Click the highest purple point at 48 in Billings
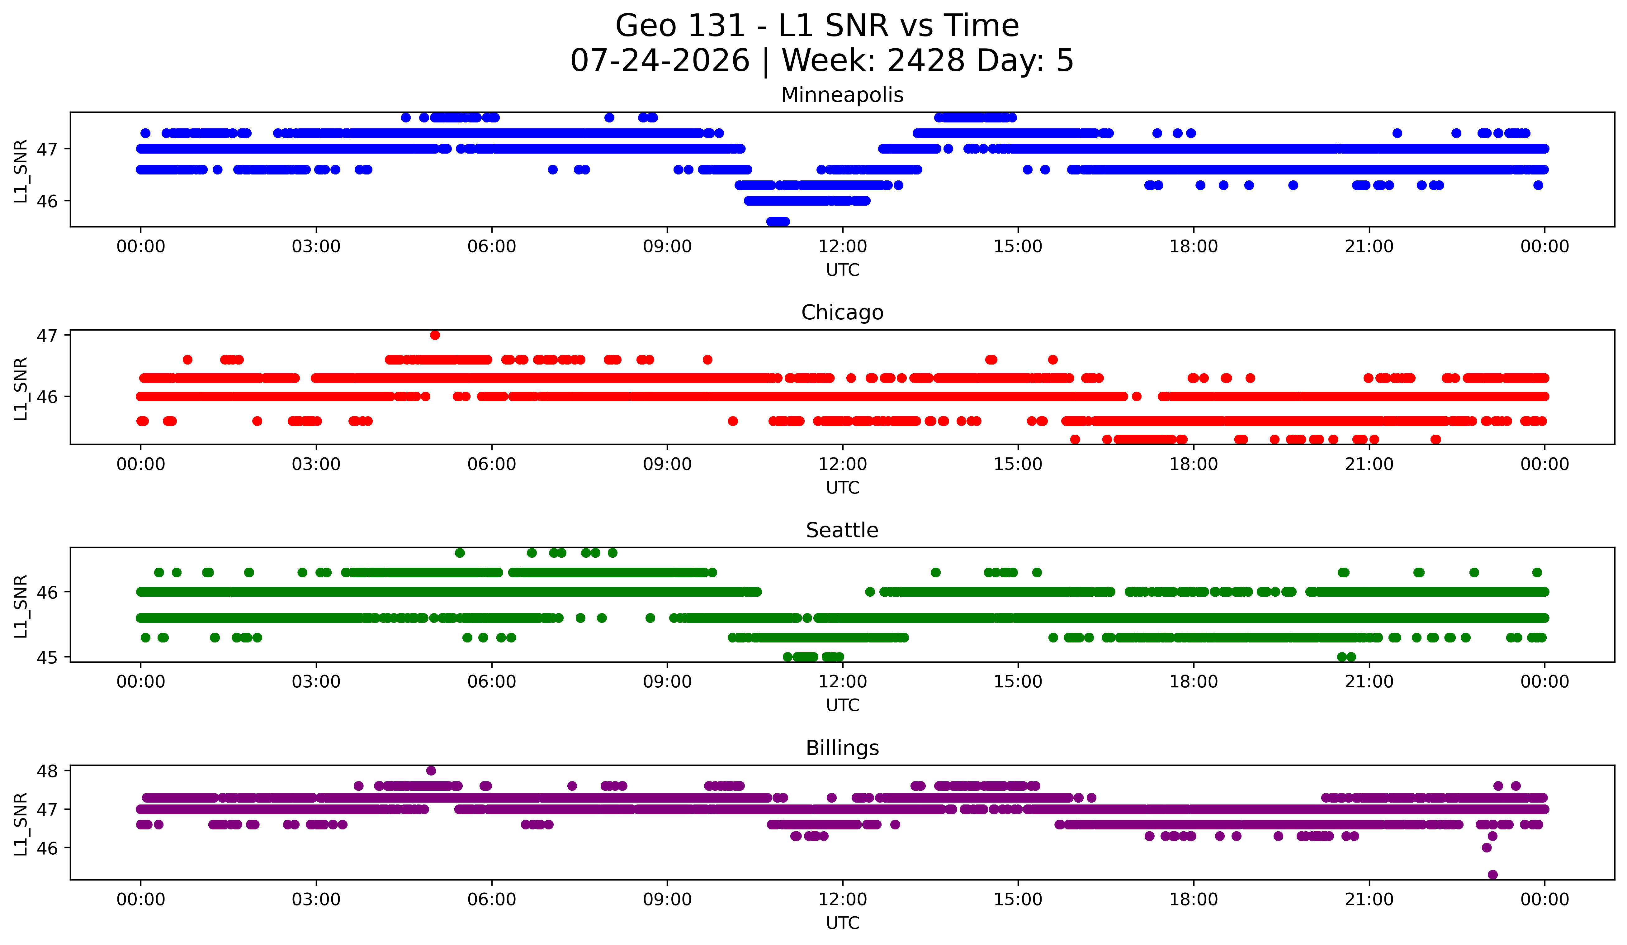point(431,771)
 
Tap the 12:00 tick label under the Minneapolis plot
point(843,247)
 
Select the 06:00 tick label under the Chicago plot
point(492,465)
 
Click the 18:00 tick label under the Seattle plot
point(1194,682)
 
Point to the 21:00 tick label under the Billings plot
point(1369,900)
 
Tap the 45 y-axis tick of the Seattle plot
point(47,657)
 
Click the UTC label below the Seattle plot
point(843,705)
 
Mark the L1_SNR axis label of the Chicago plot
point(21,389)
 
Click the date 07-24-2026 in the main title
point(660,61)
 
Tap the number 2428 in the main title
point(926,61)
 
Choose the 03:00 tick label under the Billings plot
point(316,900)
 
